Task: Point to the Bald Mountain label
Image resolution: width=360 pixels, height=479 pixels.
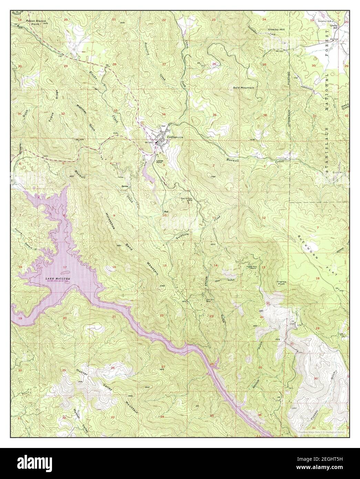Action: [244, 88]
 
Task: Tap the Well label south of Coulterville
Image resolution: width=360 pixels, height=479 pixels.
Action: [165, 212]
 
